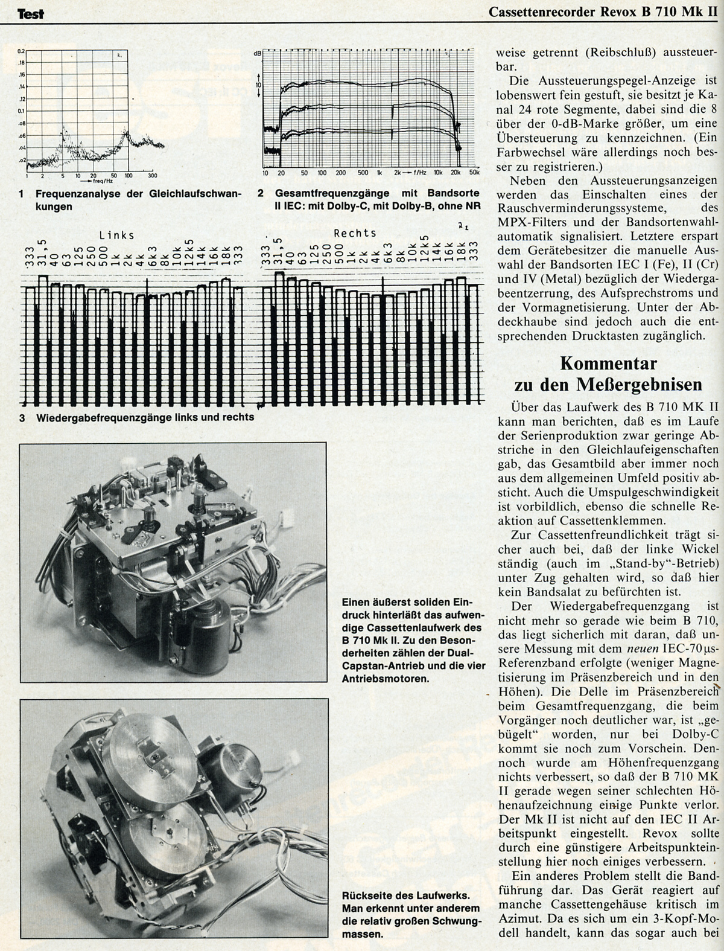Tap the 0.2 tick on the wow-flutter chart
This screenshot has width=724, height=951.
coord(21,51)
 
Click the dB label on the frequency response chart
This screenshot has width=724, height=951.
coord(258,54)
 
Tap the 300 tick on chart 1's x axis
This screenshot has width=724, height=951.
coord(152,175)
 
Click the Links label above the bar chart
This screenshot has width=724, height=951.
coord(117,235)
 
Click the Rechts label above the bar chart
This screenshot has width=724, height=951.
coord(355,233)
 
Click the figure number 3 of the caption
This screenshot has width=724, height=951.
coord(22,417)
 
